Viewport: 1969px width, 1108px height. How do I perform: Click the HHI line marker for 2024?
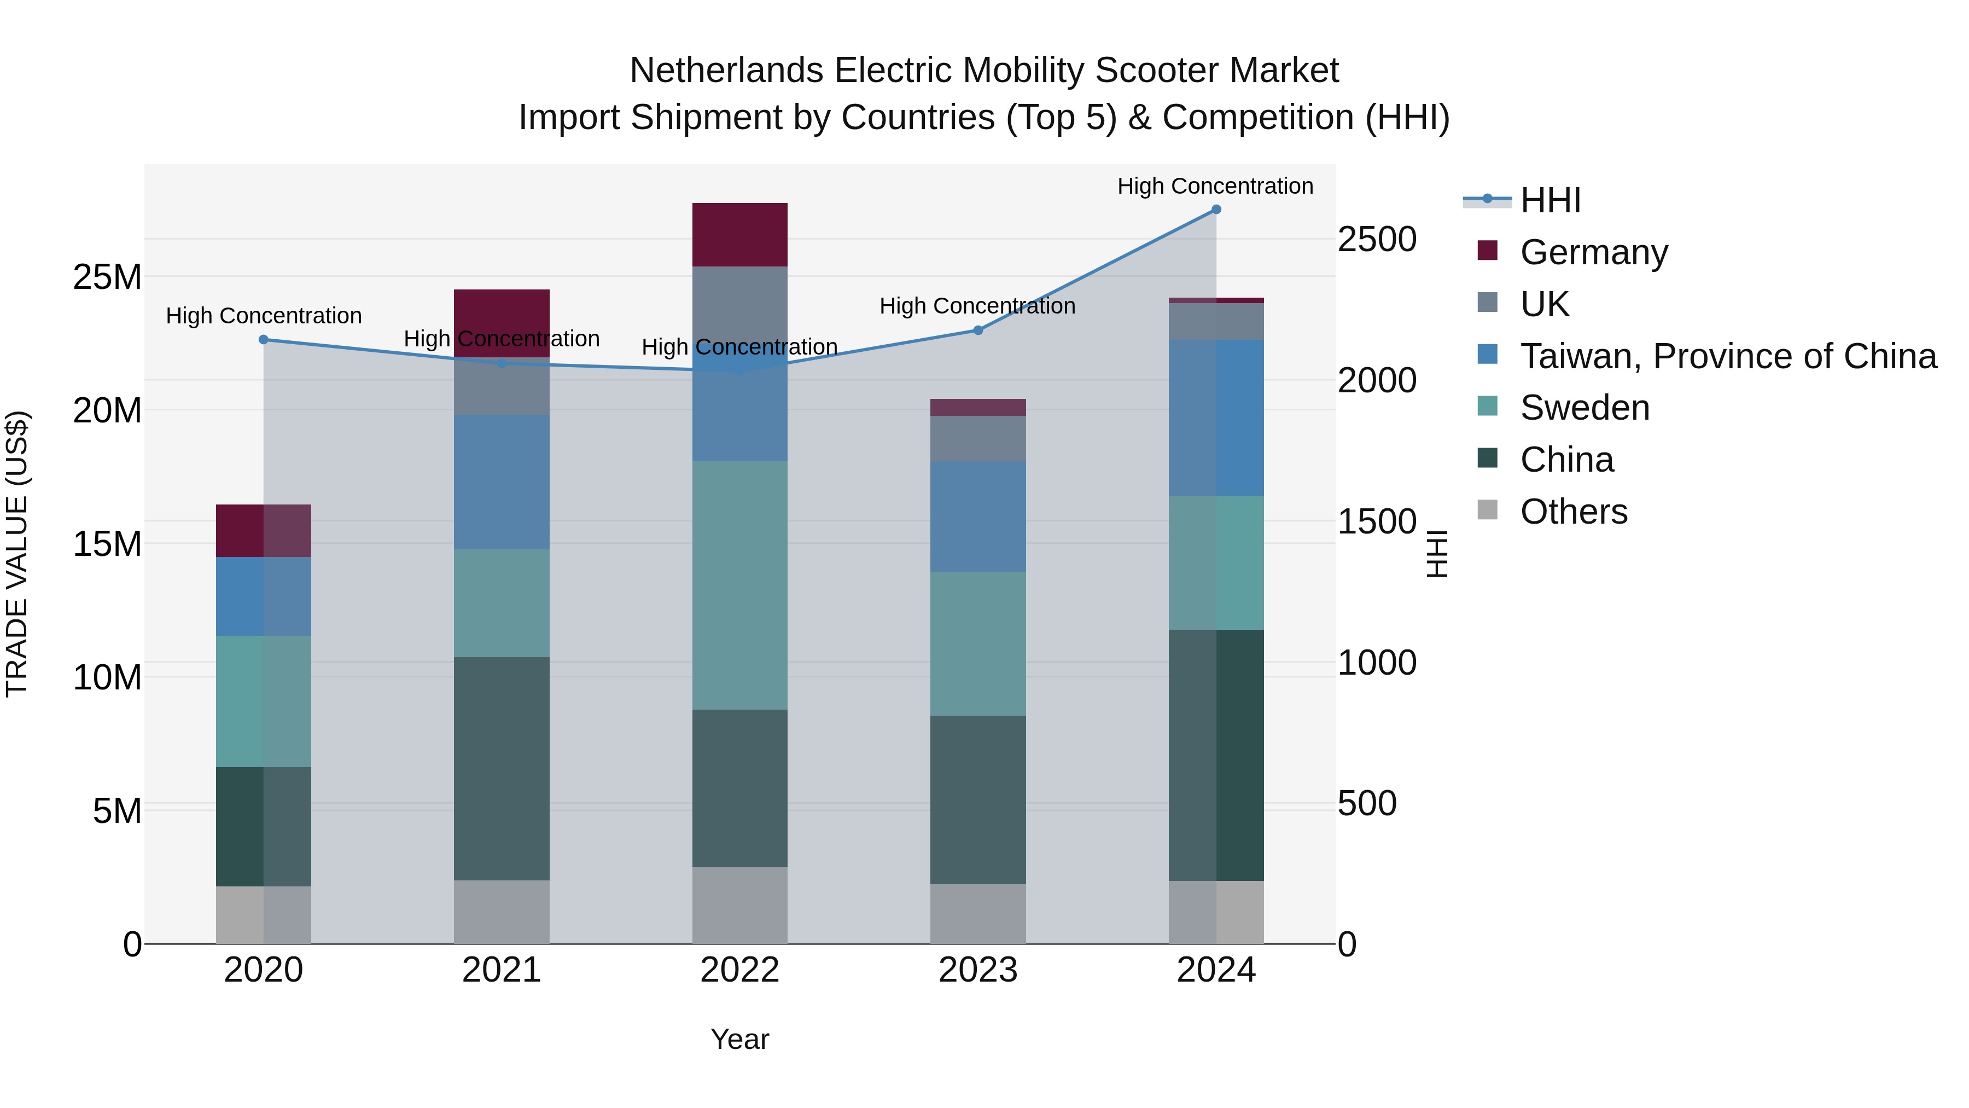(x=1216, y=210)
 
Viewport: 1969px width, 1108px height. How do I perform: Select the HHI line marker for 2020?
(x=264, y=339)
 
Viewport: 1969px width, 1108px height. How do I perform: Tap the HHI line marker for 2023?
(x=977, y=330)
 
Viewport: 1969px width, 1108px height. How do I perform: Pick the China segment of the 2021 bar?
(x=502, y=769)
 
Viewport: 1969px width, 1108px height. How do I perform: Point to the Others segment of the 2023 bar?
(x=977, y=914)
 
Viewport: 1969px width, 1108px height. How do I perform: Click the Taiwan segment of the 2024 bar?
(x=1216, y=417)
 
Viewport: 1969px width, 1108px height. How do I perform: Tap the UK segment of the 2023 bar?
(x=977, y=438)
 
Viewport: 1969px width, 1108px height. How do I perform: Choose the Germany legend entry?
(x=1594, y=252)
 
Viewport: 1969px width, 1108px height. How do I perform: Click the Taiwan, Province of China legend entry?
(x=1727, y=356)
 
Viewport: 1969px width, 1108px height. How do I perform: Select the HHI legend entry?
(x=1550, y=200)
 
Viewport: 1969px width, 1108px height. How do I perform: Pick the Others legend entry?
(x=1573, y=512)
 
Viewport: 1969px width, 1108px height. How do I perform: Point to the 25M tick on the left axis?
(x=107, y=277)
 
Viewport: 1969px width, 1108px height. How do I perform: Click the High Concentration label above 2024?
(x=1215, y=186)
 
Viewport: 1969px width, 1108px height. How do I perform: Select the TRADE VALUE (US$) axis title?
(x=17, y=554)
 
